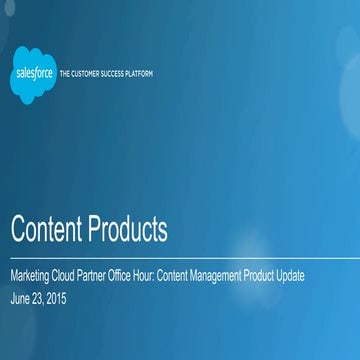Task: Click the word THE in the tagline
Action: (66, 73)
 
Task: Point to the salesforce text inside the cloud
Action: (34, 72)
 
